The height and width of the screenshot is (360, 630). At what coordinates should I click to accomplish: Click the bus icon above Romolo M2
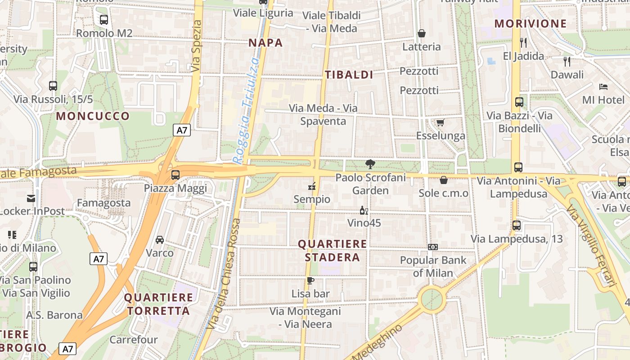tap(104, 19)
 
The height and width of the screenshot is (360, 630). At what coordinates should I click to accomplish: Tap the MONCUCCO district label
tap(93, 116)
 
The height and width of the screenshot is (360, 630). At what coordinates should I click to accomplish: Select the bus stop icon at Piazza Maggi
tap(175, 175)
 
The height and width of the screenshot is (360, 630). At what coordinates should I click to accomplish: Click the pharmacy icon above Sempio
tap(311, 186)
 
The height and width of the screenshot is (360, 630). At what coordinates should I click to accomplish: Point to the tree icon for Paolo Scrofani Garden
tap(370, 164)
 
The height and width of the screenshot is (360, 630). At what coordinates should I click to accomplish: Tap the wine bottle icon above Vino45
tap(364, 210)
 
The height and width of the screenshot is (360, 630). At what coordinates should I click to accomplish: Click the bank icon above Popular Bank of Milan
tap(433, 247)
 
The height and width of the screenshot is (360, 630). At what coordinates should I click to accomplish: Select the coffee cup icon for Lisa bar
tap(310, 281)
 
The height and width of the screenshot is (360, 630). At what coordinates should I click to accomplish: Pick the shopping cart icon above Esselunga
tap(440, 122)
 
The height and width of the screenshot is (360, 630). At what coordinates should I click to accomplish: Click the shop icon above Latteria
tap(422, 33)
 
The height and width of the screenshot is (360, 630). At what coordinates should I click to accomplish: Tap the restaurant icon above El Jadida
tap(523, 43)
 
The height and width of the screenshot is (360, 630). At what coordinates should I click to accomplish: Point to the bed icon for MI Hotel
tap(603, 86)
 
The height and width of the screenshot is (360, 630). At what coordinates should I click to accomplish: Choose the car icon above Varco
tap(160, 239)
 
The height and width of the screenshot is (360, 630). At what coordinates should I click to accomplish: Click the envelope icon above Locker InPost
tap(31, 198)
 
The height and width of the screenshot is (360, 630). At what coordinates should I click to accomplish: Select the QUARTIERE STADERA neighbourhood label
tap(333, 251)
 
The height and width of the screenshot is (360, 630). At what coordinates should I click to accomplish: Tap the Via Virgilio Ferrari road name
tap(591, 245)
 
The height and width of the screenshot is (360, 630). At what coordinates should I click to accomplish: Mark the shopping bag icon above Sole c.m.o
tap(444, 180)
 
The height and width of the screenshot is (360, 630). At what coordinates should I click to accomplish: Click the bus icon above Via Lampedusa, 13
tap(517, 225)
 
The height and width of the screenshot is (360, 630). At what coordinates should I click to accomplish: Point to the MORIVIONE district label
tap(524, 24)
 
